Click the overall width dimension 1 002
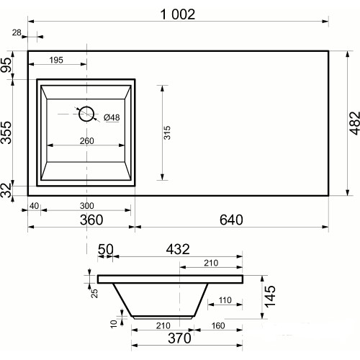point(178,14)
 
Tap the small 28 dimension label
point(17,32)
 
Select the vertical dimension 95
point(6,65)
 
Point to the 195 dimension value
point(56,60)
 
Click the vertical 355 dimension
point(6,132)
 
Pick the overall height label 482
point(354,123)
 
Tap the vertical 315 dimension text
point(167,132)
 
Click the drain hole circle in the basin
point(86,114)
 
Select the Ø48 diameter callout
point(112,117)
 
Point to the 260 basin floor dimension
point(86,141)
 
